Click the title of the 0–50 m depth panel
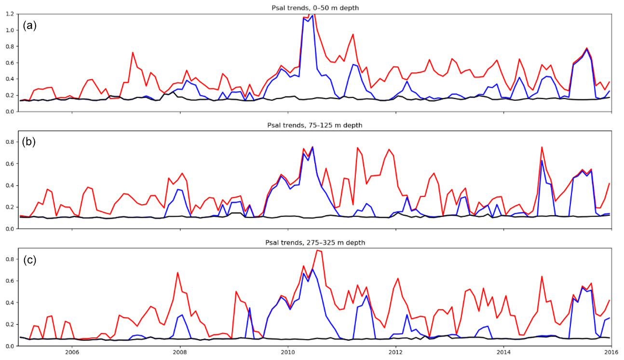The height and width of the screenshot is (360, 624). click(314, 6)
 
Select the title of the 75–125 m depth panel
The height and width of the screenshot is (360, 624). click(314, 125)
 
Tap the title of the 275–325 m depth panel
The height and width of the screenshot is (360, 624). click(314, 243)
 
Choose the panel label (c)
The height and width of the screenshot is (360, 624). click(30, 260)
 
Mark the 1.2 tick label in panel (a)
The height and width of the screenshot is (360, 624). click(10, 14)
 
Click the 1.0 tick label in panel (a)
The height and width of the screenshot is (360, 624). click(10, 30)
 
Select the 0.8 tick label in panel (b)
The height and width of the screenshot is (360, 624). click(10, 142)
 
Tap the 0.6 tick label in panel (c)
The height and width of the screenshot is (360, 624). click(10, 281)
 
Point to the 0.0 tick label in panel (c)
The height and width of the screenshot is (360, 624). click(10, 346)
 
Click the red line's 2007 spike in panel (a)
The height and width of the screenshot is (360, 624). click(132, 52)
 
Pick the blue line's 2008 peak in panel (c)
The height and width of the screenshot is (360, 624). click(182, 315)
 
